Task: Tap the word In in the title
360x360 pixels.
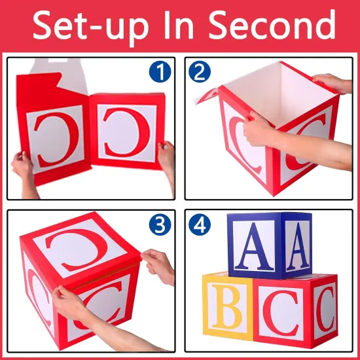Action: tap(186, 26)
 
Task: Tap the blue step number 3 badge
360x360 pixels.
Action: tap(159, 225)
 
